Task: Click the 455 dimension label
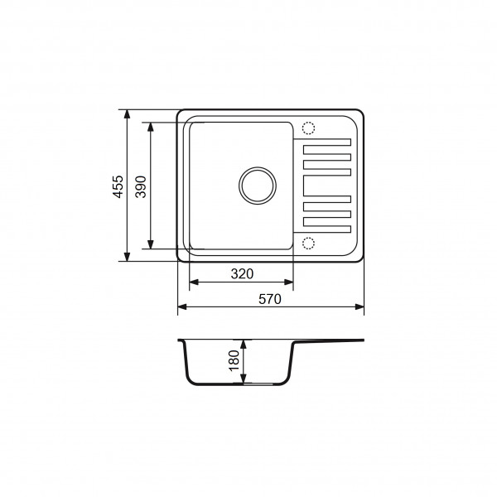tap(118, 186)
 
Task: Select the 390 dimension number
tap(141, 186)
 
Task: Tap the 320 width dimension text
tap(242, 274)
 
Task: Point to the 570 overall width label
tap(270, 299)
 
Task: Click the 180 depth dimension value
tap(234, 360)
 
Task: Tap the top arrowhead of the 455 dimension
tap(127, 114)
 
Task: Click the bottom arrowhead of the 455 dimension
tap(127, 257)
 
